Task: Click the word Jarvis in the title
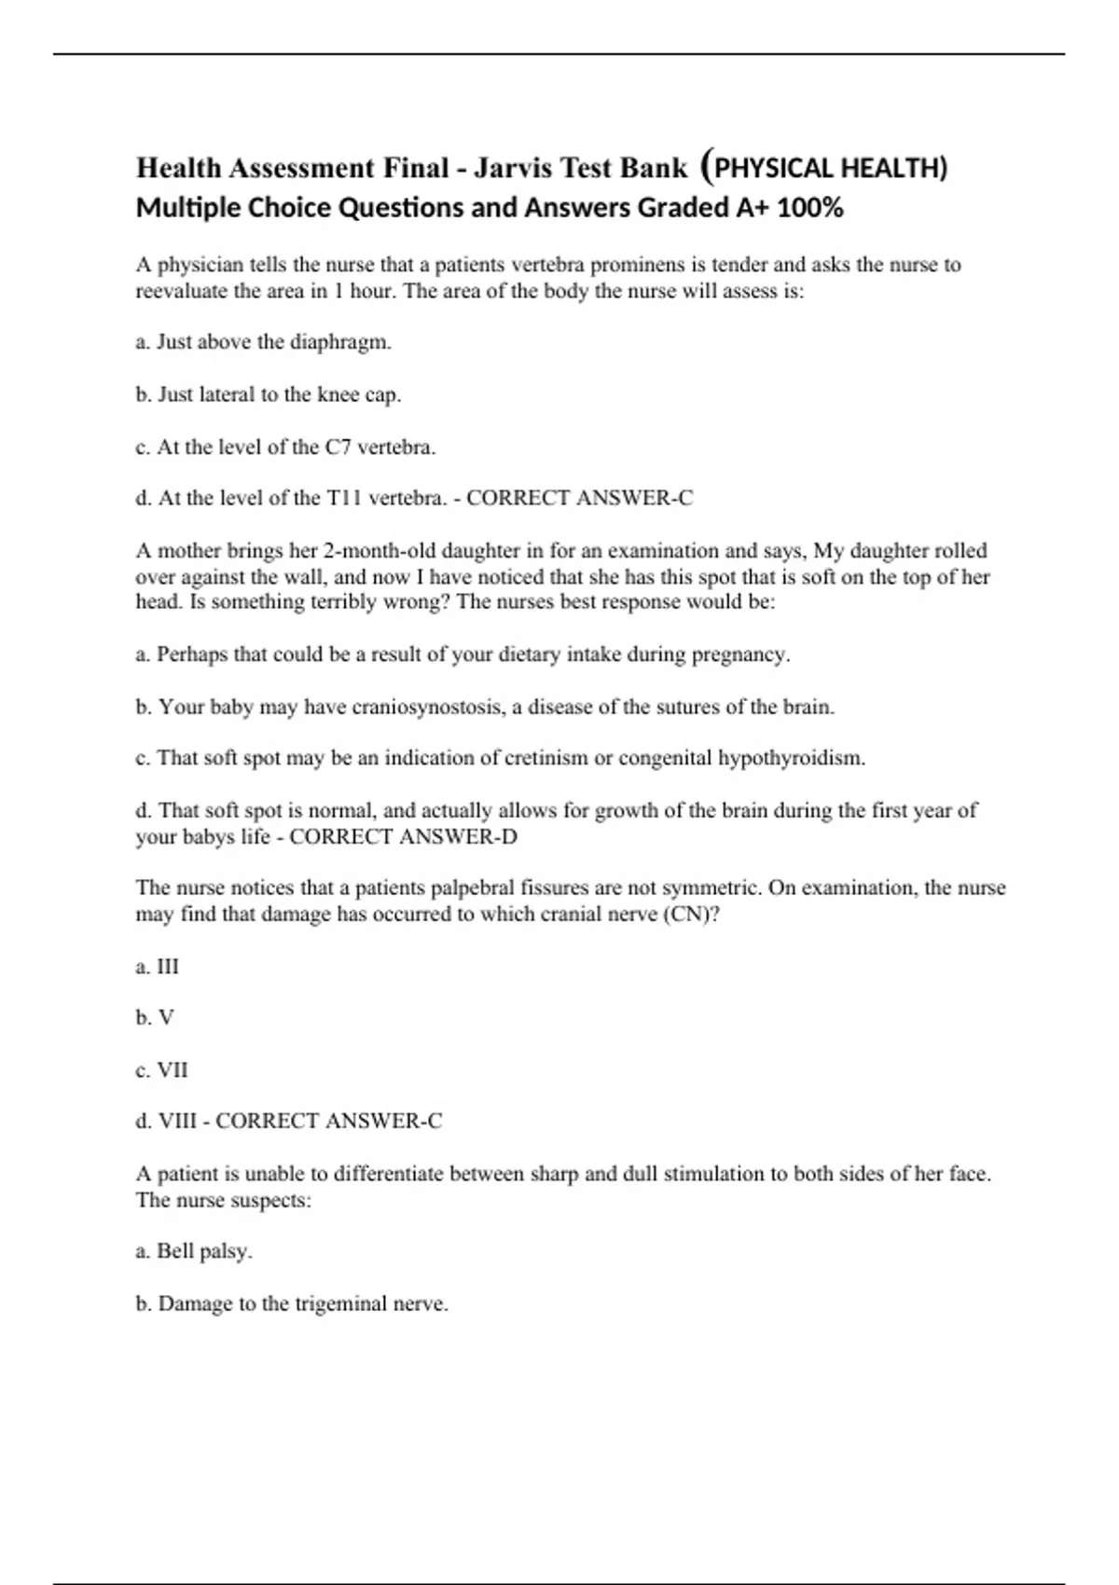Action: tap(512, 168)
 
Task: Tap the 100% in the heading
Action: tap(809, 207)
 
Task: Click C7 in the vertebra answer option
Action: tap(338, 448)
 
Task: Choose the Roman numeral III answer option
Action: tap(168, 967)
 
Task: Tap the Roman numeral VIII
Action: tap(177, 1121)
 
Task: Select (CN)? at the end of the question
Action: tap(691, 914)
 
